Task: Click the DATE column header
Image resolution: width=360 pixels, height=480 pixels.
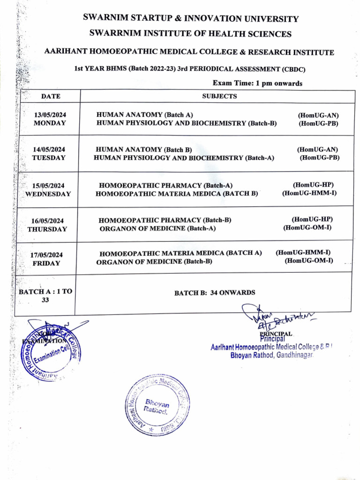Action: tap(51, 97)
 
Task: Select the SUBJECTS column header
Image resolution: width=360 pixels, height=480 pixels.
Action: tap(219, 96)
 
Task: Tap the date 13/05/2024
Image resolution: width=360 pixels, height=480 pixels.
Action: tap(50, 115)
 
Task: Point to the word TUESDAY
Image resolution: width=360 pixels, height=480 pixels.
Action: tap(49, 158)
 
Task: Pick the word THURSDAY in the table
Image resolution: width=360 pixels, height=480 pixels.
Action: tap(47, 229)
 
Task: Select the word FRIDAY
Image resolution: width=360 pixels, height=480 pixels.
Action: tap(46, 263)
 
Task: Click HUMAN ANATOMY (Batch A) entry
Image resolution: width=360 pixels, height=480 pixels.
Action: tap(144, 115)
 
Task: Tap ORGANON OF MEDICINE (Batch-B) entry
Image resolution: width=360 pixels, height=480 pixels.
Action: tap(154, 262)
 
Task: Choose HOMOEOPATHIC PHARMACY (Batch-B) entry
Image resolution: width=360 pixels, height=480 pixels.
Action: tap(165, 220)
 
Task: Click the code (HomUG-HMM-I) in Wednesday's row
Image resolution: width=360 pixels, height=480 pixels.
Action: tap(309, 193)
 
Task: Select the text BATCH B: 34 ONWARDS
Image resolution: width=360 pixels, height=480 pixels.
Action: tap(215, 293)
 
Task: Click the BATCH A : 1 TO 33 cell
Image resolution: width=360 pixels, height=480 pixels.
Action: tap(45, 295)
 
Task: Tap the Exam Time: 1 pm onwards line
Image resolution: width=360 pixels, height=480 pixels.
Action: tap(257, 83)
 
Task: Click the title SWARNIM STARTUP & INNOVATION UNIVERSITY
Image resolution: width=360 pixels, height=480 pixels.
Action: tap(191, 19)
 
